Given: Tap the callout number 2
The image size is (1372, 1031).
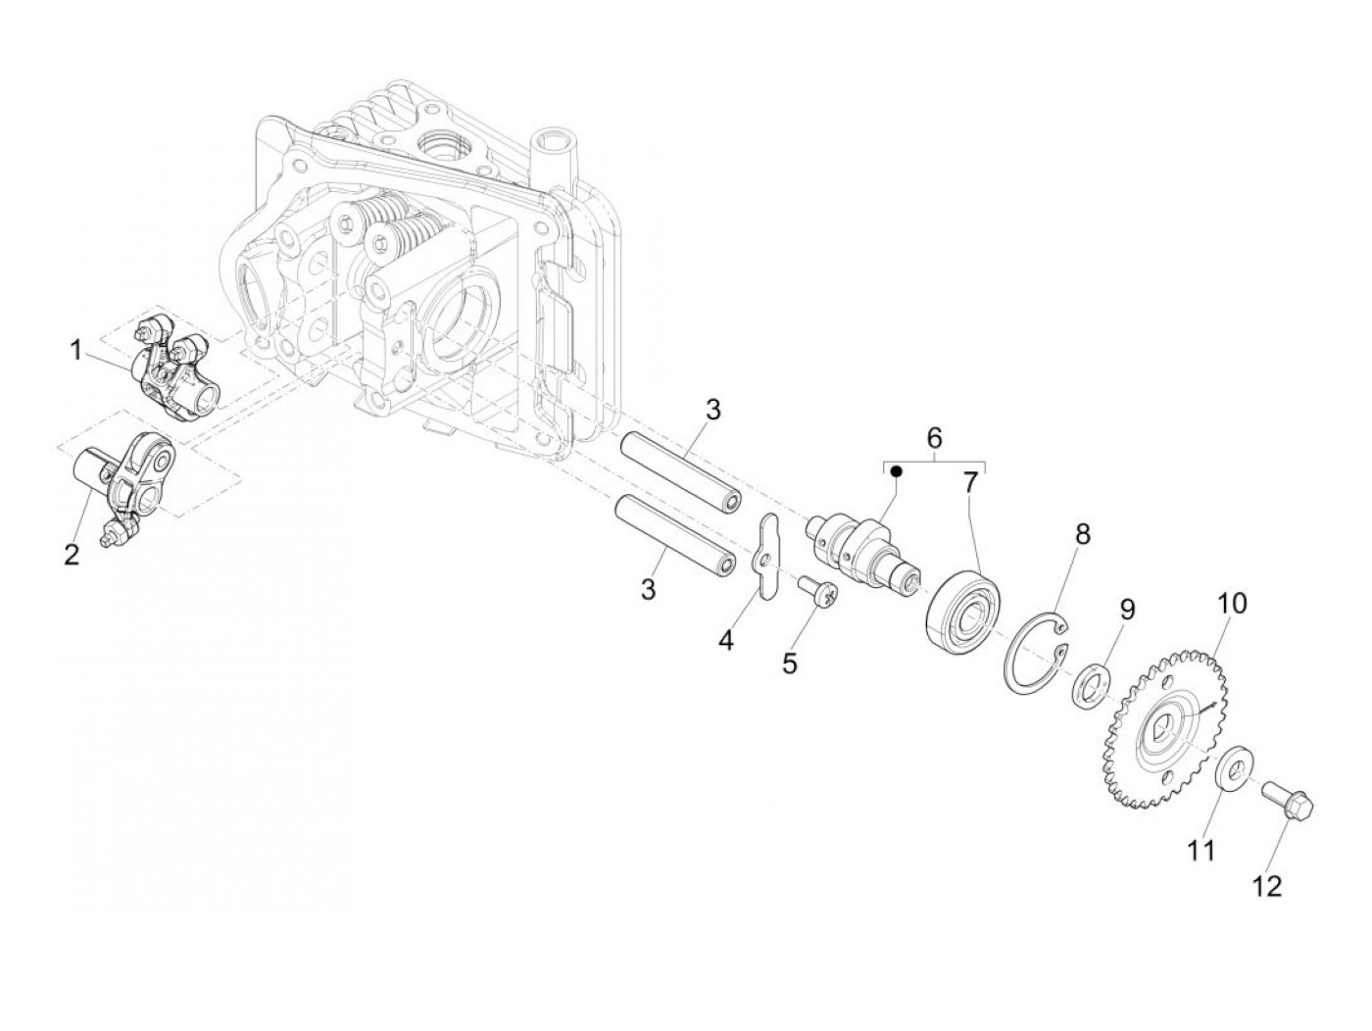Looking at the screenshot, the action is click(x=71, y=556).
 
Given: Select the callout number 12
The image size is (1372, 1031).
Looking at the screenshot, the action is click(x=1267, y=886).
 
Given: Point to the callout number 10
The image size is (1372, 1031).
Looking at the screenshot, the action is click(x=1232, y=604).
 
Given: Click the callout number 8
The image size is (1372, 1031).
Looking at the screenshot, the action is click(x=1082, y=535).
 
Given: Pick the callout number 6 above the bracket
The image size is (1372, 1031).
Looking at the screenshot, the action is click(x=934, y=435).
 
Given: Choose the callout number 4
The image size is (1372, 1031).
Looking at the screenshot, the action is click(x=725, y=641).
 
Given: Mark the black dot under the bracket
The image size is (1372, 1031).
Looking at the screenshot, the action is click(x=896, y=471).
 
